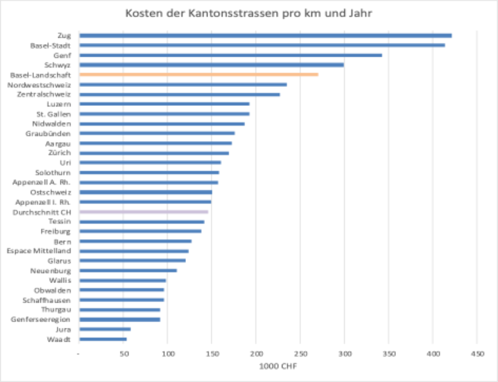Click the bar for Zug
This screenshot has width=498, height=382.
pyautogui.click(x=265, y=35)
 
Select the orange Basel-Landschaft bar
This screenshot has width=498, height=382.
pyautogui.click(x=199, y=74)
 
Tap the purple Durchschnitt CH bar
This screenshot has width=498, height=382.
pyautogui.click(x=144, y=212)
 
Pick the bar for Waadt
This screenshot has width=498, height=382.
pyautogui.click(x=103, y=339)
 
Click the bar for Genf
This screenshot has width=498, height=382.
pyautogui.click(x=231, y=55)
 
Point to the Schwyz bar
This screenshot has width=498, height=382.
pyautogui.click(x=211, y=65)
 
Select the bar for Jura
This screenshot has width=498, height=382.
pyautogui.click(x=105, y=329)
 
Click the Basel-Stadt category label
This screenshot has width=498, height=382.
pyautogui.click(x=50, y=45)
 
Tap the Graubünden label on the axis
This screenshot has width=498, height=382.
pyautogui.click(x=49, y=134)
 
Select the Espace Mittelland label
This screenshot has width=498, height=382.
pyautogui.click(x=39, y=251)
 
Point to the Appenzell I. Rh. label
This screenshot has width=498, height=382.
pyautogui.click(x=42, y=202)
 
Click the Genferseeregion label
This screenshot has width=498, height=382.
pyautogui.click(x=41, y=320)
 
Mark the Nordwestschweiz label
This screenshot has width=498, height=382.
pyautogui.click(x=40, y=84)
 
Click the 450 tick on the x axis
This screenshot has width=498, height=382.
pyautogui.click(x=477, y=353)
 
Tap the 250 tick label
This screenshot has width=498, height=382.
pyautogui.click(x=300, y=353)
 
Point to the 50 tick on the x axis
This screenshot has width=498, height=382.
pyautogui.click(x=124, y=353)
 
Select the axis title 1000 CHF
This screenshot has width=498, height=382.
pyautogui.click(x=278, y=366)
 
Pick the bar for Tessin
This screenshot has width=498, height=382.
pyautogui.click(x=142, y=222)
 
